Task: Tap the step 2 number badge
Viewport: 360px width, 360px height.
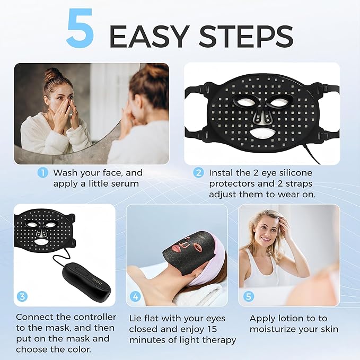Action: click(198, 173)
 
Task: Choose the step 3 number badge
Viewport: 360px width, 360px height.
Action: click(22, 296)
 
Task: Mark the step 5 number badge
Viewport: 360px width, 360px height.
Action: click(248, 296)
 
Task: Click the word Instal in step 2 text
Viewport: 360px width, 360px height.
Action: click(222, 173)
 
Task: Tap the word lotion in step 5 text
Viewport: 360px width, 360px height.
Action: click(291, 319)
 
